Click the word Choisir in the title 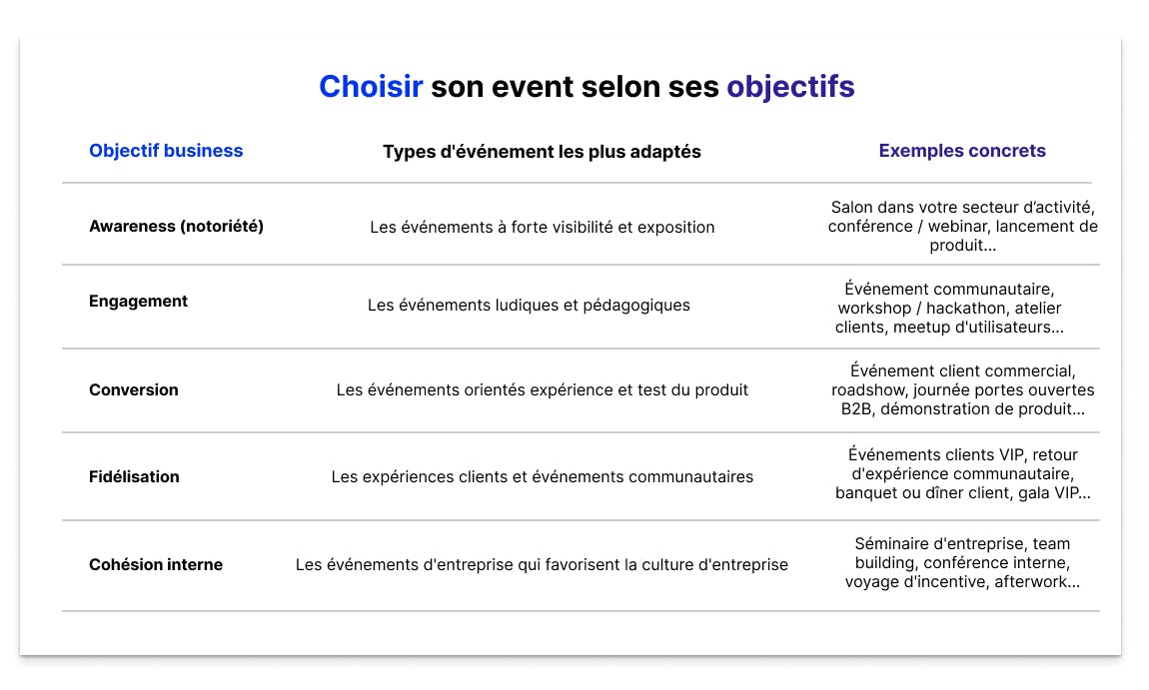coord(371,87)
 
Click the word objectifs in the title coord(790,87)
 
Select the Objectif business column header coord(166,151)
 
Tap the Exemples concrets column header coord(962,151)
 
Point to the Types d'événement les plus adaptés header coord(542,152)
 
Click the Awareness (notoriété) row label coord(176,226)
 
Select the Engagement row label coord(138,301)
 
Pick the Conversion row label coord(134,389)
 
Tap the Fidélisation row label coord(134,476)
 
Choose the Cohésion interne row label coord(156,564)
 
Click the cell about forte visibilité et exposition coord(542,227)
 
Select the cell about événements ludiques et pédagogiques coord(529,305)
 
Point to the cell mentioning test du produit coord(542,389)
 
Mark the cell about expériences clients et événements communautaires coord(542,476)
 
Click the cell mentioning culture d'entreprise coord(542,564)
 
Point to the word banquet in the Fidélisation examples coord(866,492)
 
